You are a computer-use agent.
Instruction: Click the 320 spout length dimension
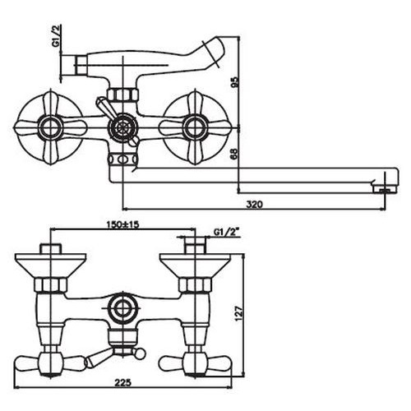[254, 205]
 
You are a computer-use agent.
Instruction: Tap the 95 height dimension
[235, 81]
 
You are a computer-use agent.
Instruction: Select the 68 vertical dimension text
[235, 155]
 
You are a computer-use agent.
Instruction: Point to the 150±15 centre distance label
[122, 224]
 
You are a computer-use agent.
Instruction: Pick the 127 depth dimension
[239, 313]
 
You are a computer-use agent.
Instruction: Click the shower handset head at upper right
[215, 52]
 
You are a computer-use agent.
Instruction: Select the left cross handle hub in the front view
[50, 127]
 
